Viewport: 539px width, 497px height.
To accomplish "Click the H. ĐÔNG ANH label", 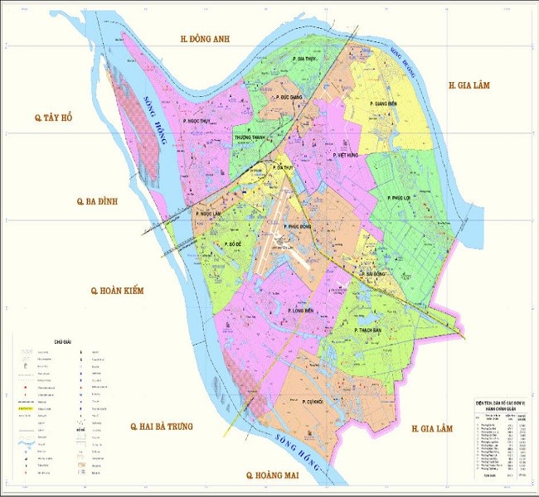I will (x=205, y=39).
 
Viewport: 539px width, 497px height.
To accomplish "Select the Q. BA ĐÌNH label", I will (x=100, y=200).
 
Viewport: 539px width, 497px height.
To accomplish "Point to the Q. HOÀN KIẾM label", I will (x=117, y=291).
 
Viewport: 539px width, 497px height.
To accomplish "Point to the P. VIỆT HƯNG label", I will (x=342, y=154).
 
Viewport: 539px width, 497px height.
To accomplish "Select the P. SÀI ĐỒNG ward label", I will (x=374, y=273).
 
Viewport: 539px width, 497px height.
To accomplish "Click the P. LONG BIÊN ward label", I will (x=300, y=311).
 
